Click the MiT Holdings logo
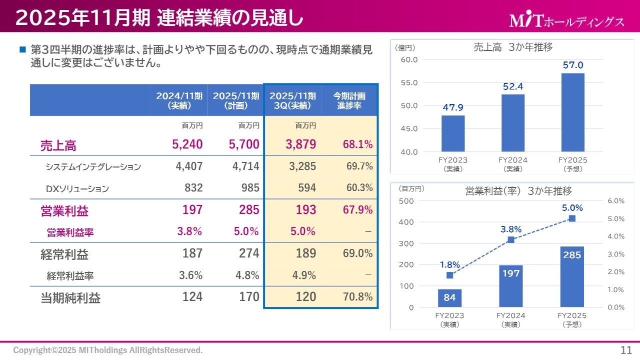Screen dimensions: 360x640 tap(566, 20)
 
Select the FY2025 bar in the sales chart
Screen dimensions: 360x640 tap(572, 112)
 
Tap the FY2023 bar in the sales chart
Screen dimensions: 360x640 tap(453, 133)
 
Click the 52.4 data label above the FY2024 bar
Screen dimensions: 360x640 tap(513, 86)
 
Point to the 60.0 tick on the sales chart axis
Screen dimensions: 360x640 tap(409, 59)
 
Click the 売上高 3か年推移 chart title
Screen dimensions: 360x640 tap(513, 47)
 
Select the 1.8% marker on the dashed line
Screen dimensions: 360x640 tap(449, 275)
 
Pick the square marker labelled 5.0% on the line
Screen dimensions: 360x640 tap(572, 218)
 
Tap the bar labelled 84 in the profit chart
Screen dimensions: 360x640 tap(449, 298)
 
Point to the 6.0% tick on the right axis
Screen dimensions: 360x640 tap(616, 200)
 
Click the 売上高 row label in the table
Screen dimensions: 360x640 tap(58, 145)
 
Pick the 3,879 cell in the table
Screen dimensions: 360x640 tap(301, 144)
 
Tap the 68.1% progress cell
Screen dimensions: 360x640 tap(357, 144)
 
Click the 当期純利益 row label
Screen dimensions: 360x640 tap(70, 298)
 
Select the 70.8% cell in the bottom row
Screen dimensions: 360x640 tap(357, 297)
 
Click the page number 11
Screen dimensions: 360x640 tap(625, 349)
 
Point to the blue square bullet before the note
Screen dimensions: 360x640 tap(22, 50)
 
